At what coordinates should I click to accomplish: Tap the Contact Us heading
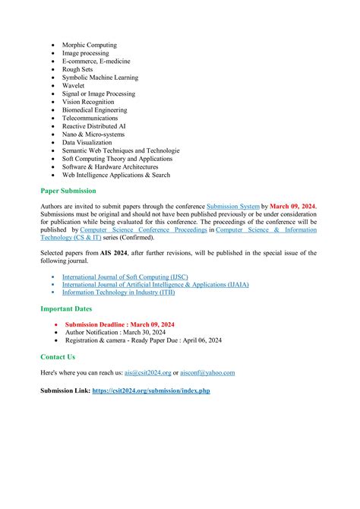tap(58, 356)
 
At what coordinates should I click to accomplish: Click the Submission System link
tap(233, 207)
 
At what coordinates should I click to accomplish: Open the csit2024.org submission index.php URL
tap(150, 390)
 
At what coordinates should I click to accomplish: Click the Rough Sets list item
tap(77, 70)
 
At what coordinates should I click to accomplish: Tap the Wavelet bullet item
tap(74, 86)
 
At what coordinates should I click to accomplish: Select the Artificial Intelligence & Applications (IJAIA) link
tap(155, 285)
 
